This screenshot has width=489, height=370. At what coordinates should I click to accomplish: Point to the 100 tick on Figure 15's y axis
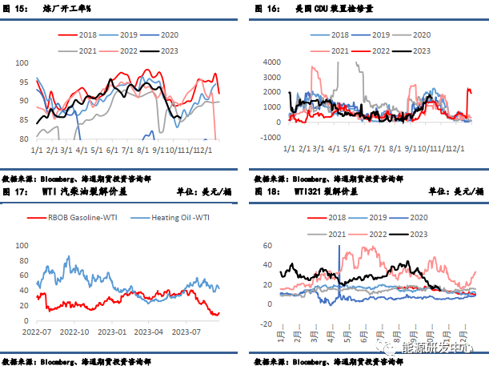[x=22, y=62]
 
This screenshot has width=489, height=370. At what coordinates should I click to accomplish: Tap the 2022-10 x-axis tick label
[x=74, y=331]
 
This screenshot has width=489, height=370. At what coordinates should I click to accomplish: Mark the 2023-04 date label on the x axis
[x=150, y=331]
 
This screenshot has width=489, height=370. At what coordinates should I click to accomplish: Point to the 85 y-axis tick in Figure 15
[x=23, y=120]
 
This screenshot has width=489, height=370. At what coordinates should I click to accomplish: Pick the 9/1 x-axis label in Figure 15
[x=160, y=149]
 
